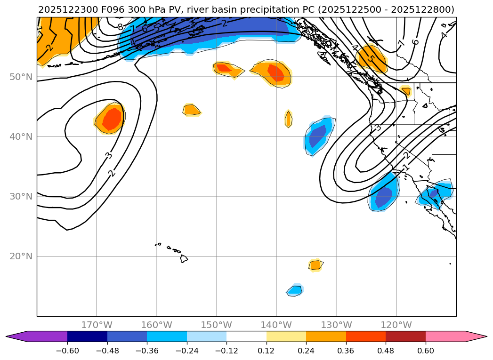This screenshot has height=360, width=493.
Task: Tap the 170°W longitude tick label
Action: point(97,325)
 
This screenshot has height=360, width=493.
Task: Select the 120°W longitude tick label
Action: point(396,325)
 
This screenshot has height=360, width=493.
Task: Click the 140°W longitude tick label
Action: point(276,325)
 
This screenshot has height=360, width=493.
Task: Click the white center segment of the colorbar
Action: point(246,336)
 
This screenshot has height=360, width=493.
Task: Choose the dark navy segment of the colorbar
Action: point(87,336)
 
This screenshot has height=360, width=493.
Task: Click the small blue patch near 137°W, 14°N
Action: point(295,290)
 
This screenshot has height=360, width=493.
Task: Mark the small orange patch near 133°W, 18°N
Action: point(315,265)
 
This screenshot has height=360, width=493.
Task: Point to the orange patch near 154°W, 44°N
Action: point(191,110)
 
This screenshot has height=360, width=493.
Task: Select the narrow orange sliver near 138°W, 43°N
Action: point(289,119)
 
